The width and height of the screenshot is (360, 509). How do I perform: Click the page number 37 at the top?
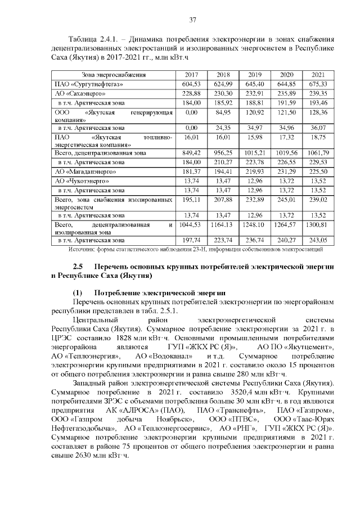pos(192,20)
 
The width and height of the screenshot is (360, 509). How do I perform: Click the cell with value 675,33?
pos(318,84)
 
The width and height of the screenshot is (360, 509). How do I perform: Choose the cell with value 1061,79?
pos(318,152)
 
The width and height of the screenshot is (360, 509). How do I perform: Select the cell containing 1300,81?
pos(318,225)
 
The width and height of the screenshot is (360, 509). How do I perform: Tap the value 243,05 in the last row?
pos(318,240)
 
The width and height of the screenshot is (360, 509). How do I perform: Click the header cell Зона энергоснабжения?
pos(114,74)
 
